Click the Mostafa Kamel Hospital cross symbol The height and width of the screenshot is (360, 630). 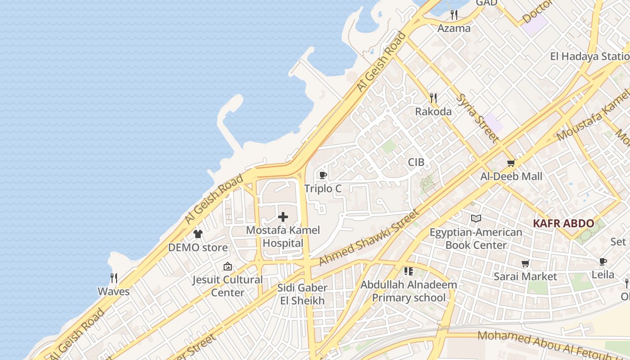click(x=283, y=217)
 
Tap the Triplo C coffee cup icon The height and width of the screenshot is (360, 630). click(x=322, y=175)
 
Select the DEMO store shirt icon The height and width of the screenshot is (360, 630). click(x=198, y=234)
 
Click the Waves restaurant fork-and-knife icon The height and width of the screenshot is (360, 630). click(x=114, y=278)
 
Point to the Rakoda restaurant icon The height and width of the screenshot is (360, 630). click(x=433, y=98)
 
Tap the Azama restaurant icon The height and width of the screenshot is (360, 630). click(x=454, y=15)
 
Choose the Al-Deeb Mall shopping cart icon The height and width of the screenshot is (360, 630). click(x=511, y=163)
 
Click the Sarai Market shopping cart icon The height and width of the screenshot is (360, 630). click(x=525, y=263)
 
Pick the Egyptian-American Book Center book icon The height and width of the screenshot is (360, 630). click(x=476, y=219)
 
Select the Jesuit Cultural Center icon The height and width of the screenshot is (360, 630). click(x=227, y=266)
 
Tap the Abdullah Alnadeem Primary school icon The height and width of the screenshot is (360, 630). click(x=408, y=271)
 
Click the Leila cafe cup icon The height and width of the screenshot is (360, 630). click(x=603, y=261)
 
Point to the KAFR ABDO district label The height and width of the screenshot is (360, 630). click(x=563, y=223)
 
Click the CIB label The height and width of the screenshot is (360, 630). click(x=416, y=162)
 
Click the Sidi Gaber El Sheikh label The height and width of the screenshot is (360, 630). click(x=302, y=294)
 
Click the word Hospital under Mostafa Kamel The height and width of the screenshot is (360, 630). click(x=283, y=243)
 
